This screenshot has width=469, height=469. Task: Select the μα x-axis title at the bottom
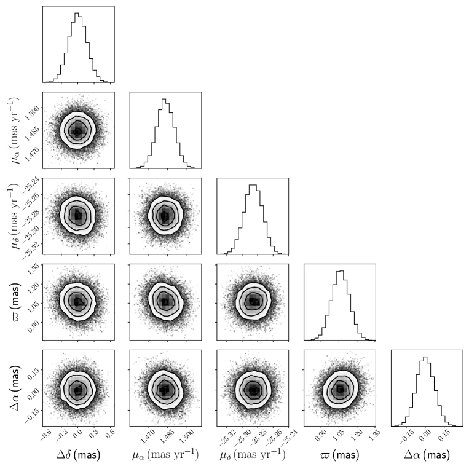coord(165,455)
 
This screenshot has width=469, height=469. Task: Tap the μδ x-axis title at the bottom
coord(252,455)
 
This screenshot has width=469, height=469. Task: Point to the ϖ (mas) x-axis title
coord(339,455)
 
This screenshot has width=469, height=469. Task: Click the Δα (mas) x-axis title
coord(427,455)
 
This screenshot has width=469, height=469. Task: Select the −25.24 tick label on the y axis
coord(29,182)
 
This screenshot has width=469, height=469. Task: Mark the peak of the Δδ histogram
coord(76,13)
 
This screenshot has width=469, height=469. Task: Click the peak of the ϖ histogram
coord(341,271)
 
